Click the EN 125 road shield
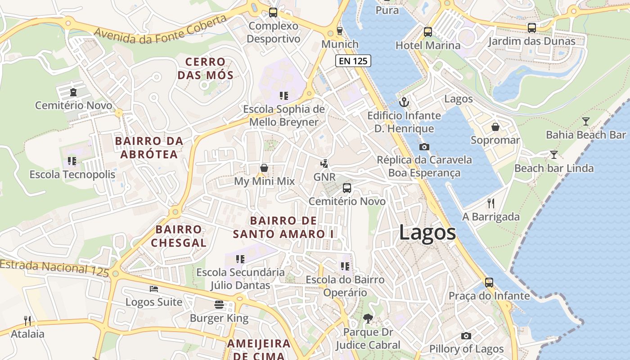(x=353, y=61)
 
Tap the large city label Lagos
(x=427, y=233)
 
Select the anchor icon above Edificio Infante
(x=404, y=102)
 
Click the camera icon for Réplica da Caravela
(x=424, y=147)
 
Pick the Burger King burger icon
(x=219, y=305)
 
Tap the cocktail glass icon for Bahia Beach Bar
(x=585, y=121)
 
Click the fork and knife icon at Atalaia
(x=28, y=321)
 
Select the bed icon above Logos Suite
(x=154, y=288)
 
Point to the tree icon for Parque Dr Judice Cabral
(x=368, y=319)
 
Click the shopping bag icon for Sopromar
(x=495, y=127)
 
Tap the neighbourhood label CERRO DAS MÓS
(x=205, y=68)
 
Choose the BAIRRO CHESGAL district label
(x=179, y=236)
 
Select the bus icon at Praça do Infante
(x=489, y=283)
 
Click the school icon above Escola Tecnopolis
(x=72, y=161)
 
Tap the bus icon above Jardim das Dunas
(x=532, y=28)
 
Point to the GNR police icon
(x=324, y=164)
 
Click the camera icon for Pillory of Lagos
(x=466, y=336)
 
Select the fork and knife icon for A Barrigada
(x=491, y=203)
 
